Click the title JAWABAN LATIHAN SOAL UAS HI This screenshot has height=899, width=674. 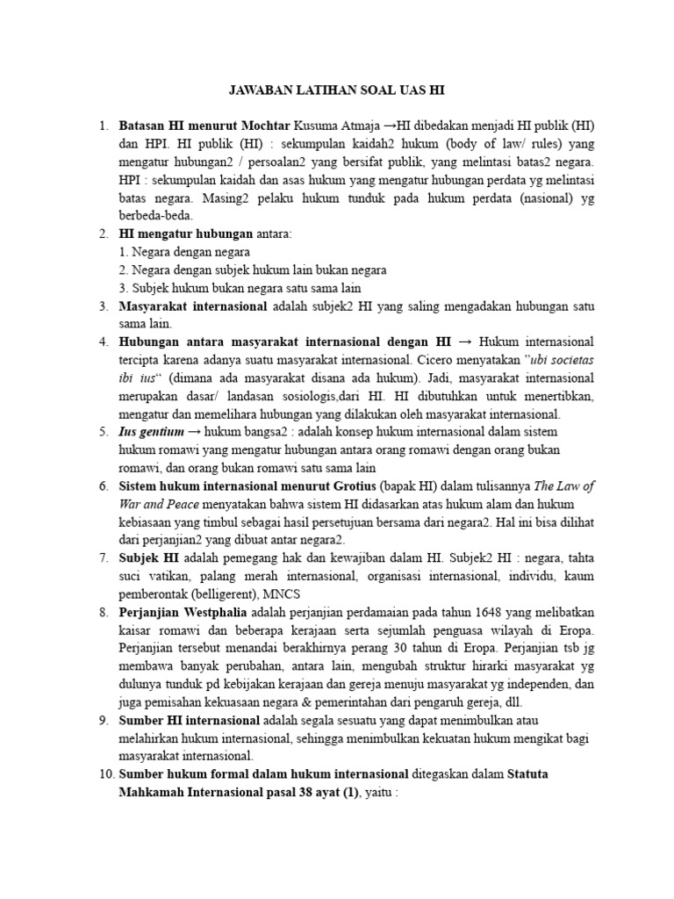(x=336, y=90)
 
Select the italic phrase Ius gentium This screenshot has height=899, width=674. (x=152, y=432)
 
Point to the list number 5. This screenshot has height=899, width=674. (x=103, y=432)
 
